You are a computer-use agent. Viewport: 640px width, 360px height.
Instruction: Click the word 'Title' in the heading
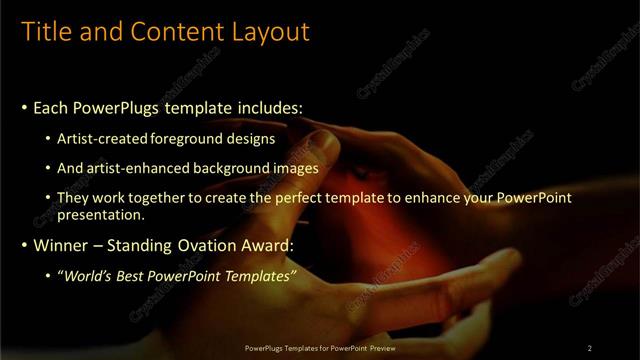point(49,32)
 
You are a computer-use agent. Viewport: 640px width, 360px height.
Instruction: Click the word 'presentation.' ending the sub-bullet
point(102,214)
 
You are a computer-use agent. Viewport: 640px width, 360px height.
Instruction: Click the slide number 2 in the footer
point(590,347)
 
